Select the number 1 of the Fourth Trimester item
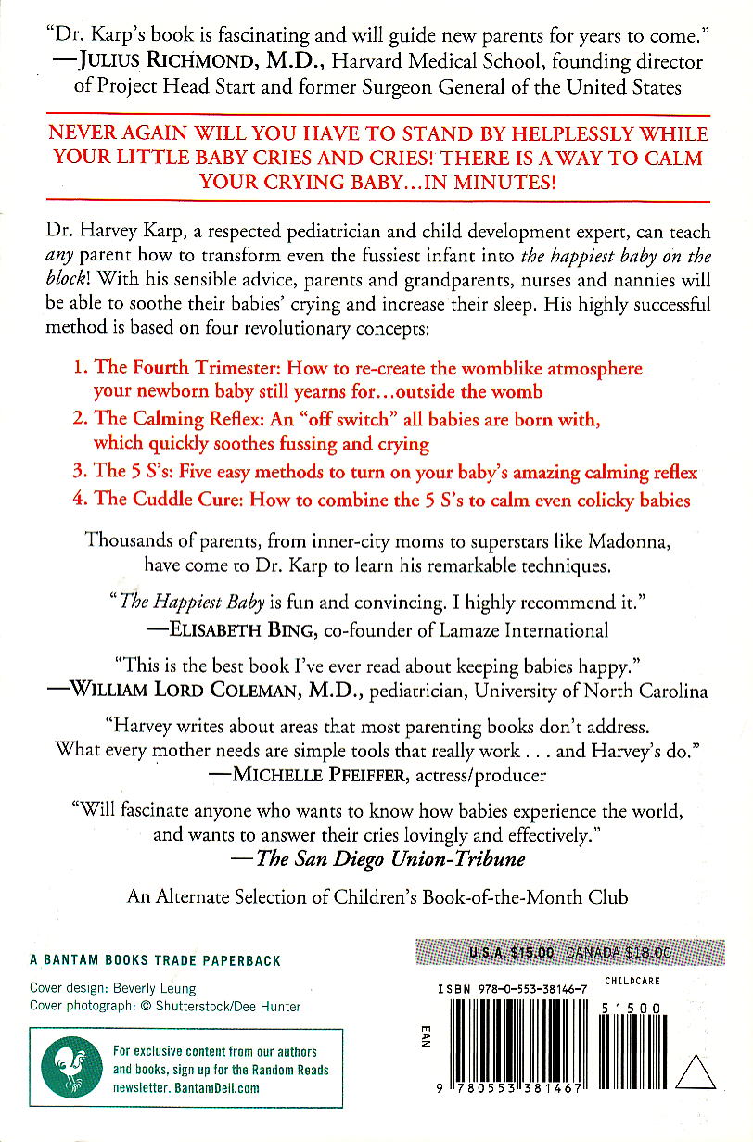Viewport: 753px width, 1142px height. click(79, 368)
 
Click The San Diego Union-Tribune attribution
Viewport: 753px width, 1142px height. click(390, 858)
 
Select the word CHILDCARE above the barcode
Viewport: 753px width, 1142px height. click(632, 981)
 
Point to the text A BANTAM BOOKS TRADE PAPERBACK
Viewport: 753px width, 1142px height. click(155, 961)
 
